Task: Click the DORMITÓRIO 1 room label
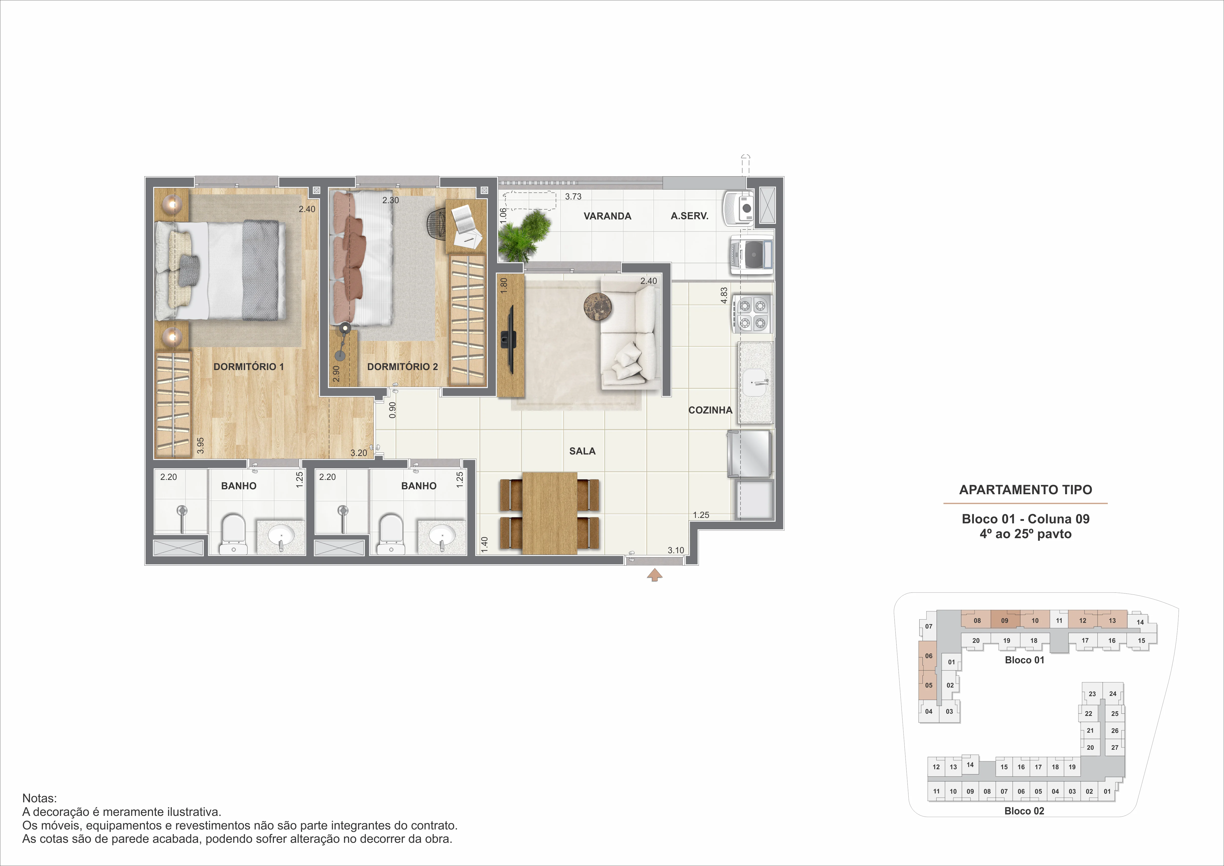[248, 367]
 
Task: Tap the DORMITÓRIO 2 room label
[402, 367]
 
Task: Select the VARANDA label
[607, 216]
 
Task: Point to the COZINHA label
[710, 410]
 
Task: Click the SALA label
[582, 451]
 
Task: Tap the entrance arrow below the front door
[655, 575]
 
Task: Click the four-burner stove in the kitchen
[752, 314]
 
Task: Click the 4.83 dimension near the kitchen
[724, 295]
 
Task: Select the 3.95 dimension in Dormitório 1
[200, 445]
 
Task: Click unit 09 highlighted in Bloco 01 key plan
[1005, 620]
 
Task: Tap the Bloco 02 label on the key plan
[1024, 811]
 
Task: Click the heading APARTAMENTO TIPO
[1026, 490]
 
